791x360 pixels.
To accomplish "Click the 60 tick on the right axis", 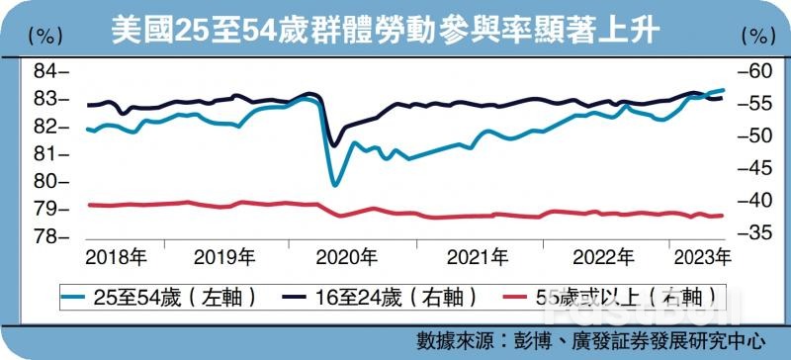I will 751,71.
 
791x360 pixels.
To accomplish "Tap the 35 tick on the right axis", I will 751,231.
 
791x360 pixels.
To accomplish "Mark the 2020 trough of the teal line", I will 336,185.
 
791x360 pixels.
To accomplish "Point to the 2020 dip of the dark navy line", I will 334,145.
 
